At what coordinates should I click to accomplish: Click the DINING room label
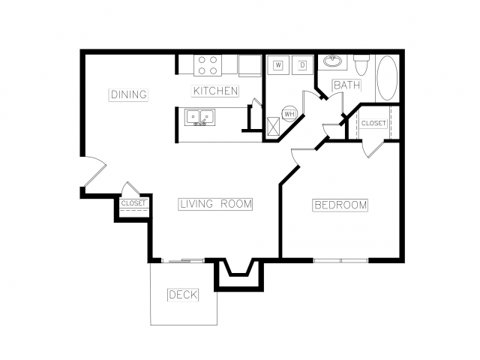click(x=128, y=94)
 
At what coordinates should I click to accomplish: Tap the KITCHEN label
click(x=215, y=91)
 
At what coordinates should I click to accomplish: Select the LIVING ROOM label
click(x=215, y=204)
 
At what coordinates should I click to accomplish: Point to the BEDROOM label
click(x=340, y=205)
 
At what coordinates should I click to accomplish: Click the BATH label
click(x=346, y=85)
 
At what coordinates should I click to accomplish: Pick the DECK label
click(x=183, y=295)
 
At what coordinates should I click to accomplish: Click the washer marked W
click(x=278, y=65)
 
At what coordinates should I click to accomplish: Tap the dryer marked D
click(x=302, y=65)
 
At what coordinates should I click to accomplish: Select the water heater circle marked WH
click(x=289, y=114)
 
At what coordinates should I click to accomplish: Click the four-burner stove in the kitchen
click(x=208, y=65)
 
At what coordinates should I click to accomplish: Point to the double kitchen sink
click(x=199, y=117)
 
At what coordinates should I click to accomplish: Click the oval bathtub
click(x=387, y=78)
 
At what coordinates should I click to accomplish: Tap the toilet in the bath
click(x=361, y=65)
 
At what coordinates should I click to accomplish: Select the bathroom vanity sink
click(x=332, y=61)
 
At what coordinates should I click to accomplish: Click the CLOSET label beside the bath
click(x=373, y=123)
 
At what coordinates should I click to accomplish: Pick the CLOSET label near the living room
click(x=133, y=203)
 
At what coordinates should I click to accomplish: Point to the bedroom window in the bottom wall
click(x=340, y=260)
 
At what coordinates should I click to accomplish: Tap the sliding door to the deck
click(x=183, y=260)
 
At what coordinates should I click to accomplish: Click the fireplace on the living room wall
click(x=238, y=274)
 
